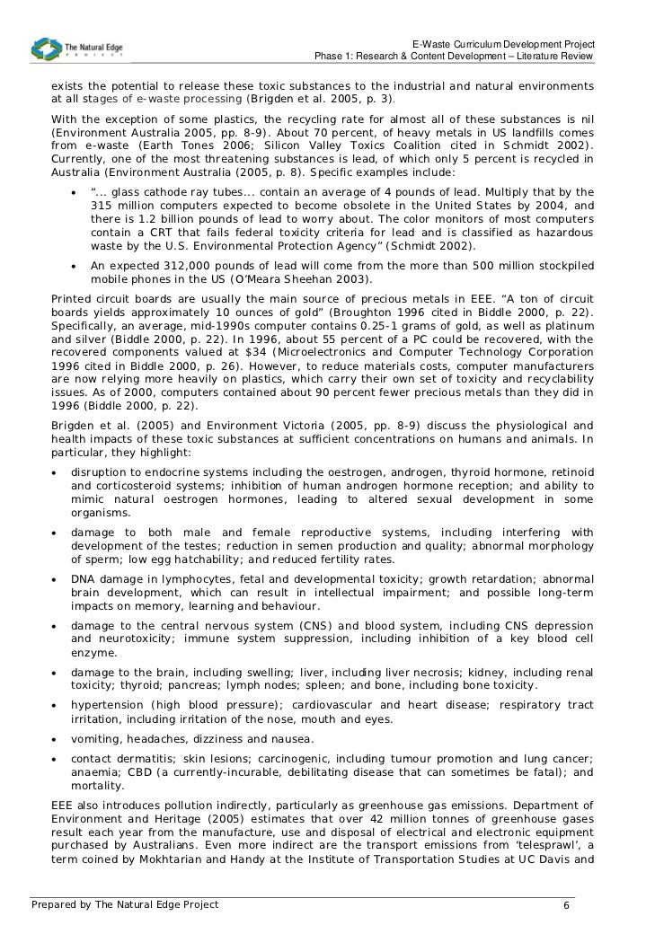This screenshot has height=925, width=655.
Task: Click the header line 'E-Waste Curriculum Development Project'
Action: pyautogui.click(x=502, y=44)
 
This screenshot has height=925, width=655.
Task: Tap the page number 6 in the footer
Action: pyautogui.click(x=566, y=905)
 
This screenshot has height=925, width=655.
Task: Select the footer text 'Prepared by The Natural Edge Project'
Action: pyautogui.click(x=125, y=905)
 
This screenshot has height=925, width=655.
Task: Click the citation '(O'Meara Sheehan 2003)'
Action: pyautogui.click(x=298, y=278)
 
